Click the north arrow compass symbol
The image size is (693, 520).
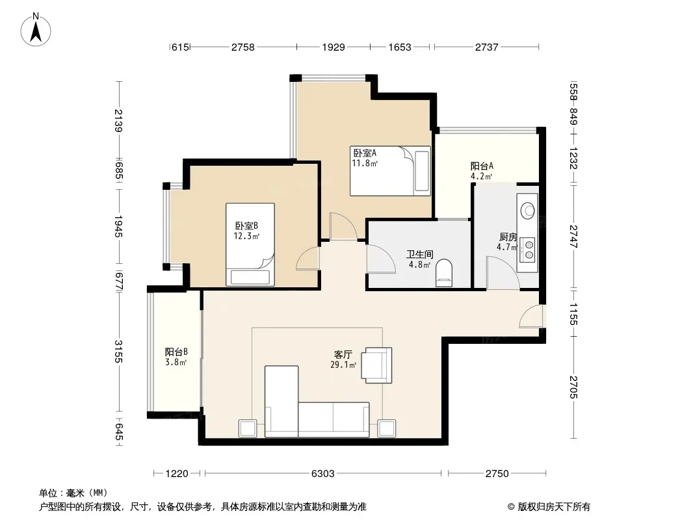(x=36, y=30)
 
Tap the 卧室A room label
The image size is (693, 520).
(x=365, y=153)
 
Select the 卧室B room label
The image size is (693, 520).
(x=246, y=226)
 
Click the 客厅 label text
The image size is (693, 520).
(x=343, y=354)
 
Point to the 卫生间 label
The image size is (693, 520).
(x=419, y=255)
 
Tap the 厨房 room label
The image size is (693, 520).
(x=508, y=237)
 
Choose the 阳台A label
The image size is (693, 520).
(x=481, y=166)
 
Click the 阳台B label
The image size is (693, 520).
(x=176, y=352)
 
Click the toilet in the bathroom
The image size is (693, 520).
(x=444, y=273)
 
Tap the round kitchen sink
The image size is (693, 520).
(x=528, y=211)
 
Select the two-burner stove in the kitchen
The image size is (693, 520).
(x=527, y=249)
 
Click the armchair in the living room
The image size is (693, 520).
(x=376, y=365)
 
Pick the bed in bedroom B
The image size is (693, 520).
(x=250, y=244)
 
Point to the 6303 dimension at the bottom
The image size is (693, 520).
(x=322, y=474)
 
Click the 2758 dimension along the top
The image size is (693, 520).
(x=243, y=47)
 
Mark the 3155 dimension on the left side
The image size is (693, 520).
(x=118, y=351)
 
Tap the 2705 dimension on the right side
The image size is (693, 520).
(x=573, y=387)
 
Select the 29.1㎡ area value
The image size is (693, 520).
(x=343, y=365)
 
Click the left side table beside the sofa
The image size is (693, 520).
(x=248, y=428)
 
